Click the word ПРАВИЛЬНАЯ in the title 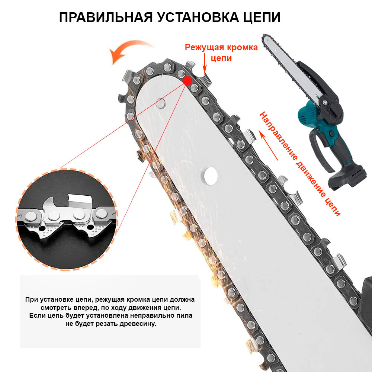pyautogui.click(x=105, y=17)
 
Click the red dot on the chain pyautogui.click(x=187, y=80)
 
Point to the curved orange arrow pyautogui.click(x=130, y=51)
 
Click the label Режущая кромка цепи pyautogui.click(x=221, y=52)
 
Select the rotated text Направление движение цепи pyautogui.click(x=299, y=164)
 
